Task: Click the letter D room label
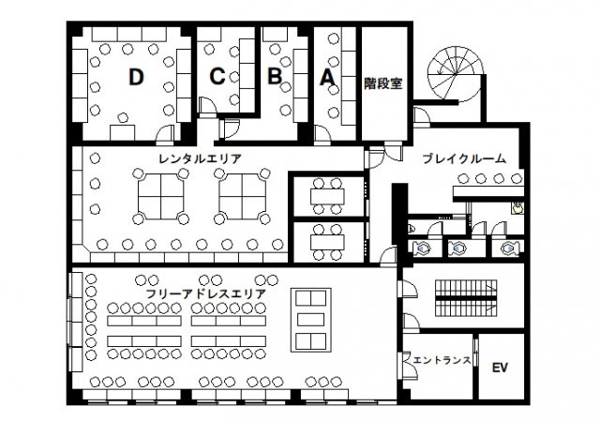(137, 79)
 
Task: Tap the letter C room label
(217, 77)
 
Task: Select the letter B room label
(274, 77)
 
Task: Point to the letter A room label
(327, 79)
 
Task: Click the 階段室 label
(383, 83)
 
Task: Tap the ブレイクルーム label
(464, 158)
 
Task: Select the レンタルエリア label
(201, 158)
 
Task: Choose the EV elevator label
(500, 367)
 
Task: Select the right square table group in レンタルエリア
(242, 196)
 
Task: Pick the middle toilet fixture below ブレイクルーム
(458, 248)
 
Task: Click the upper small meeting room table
(328, 196)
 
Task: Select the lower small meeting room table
(328, 239)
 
